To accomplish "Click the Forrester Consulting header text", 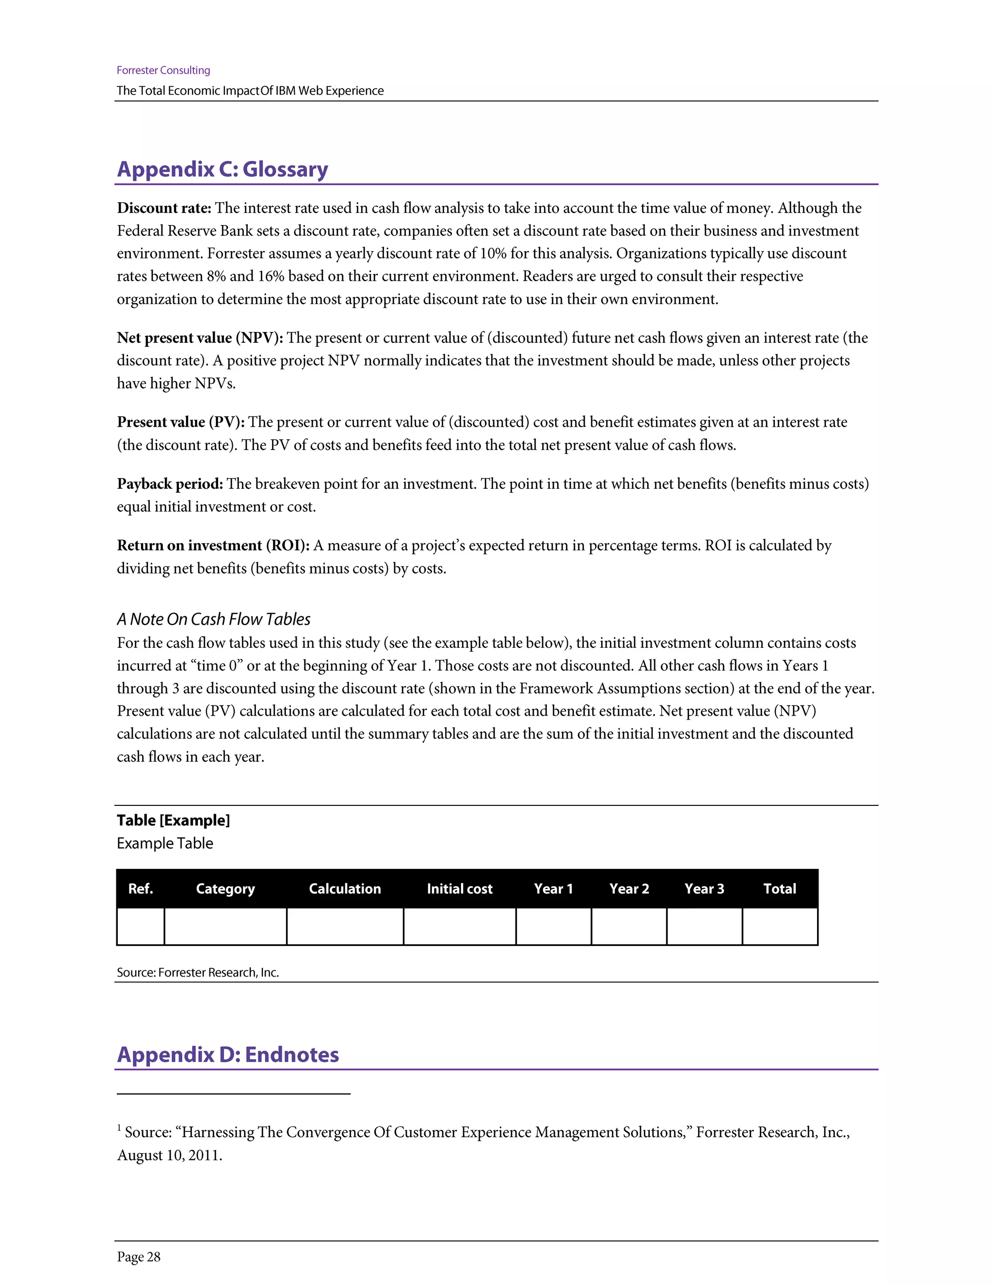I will (163, 70).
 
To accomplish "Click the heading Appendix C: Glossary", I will (223, 169).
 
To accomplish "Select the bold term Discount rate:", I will (163, 209).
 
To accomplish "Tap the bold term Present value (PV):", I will (180, 422).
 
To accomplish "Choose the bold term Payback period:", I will (169, 483).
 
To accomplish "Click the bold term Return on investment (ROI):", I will (213, 546).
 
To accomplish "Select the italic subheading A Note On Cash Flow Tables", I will (213, 619).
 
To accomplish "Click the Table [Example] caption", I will (173, 820).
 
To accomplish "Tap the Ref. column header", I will (141, 888).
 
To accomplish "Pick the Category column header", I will (225, 888).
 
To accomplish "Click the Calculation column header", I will (345, 888).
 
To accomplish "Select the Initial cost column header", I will (460, 888).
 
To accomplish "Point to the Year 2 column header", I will (629, 888).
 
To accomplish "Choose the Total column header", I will (780, 888).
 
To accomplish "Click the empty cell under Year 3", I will (704, 926).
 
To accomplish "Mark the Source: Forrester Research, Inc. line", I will (198, 972).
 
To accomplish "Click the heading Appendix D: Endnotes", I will (228, 1054).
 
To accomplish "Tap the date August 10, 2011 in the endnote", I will (169, 1155).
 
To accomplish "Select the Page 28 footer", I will (138, 1257).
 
